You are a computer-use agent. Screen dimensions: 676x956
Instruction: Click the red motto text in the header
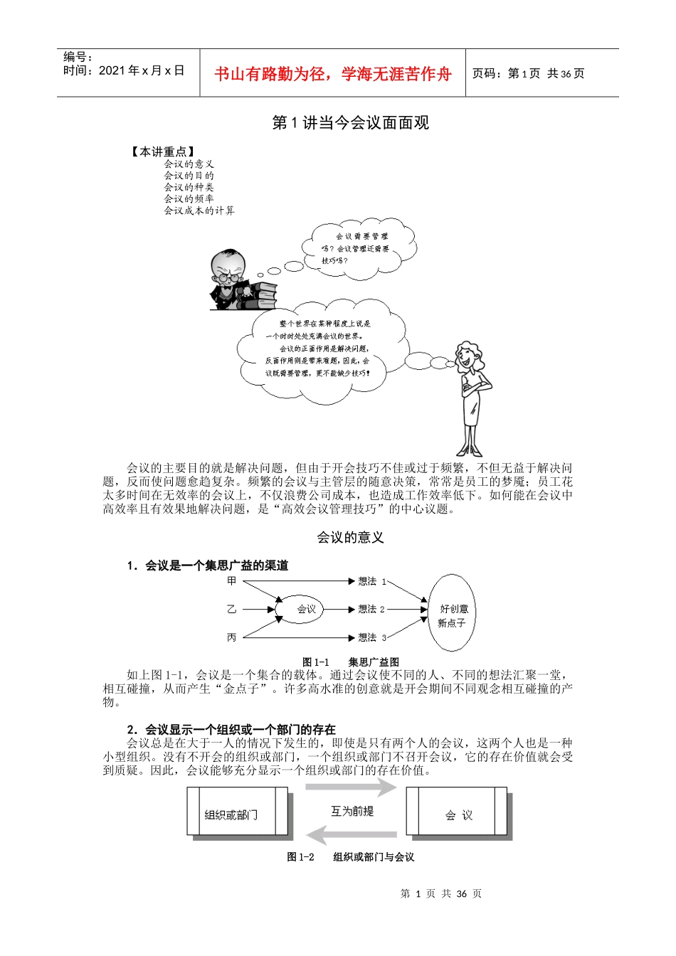coord(332,74)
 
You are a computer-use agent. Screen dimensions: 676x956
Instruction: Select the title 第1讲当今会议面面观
coord(350,122)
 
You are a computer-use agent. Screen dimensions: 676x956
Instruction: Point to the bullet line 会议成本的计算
coord(199,211)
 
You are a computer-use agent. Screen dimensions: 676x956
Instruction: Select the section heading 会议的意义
coord(350,538)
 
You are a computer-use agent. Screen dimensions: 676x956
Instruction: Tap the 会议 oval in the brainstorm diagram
coord(306,610)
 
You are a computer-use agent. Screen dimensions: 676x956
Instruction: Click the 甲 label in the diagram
coord(231,581)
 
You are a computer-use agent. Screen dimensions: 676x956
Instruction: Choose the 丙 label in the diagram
coord(231,637)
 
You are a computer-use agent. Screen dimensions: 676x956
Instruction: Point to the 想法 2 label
coord(371,610)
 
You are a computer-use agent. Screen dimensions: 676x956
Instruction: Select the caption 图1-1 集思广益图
coord(350,662)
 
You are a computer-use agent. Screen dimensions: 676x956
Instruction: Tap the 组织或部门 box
coord(237,812)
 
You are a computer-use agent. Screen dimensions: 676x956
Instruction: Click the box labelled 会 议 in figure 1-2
coord(458,812)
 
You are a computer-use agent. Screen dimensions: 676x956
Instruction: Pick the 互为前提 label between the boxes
coord(352,811)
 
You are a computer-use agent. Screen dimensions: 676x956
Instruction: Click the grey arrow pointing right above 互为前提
coord(350,787)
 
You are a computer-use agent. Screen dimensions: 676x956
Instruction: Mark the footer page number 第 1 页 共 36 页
coord(440,893)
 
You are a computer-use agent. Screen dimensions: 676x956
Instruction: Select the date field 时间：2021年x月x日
coord(124,70)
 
